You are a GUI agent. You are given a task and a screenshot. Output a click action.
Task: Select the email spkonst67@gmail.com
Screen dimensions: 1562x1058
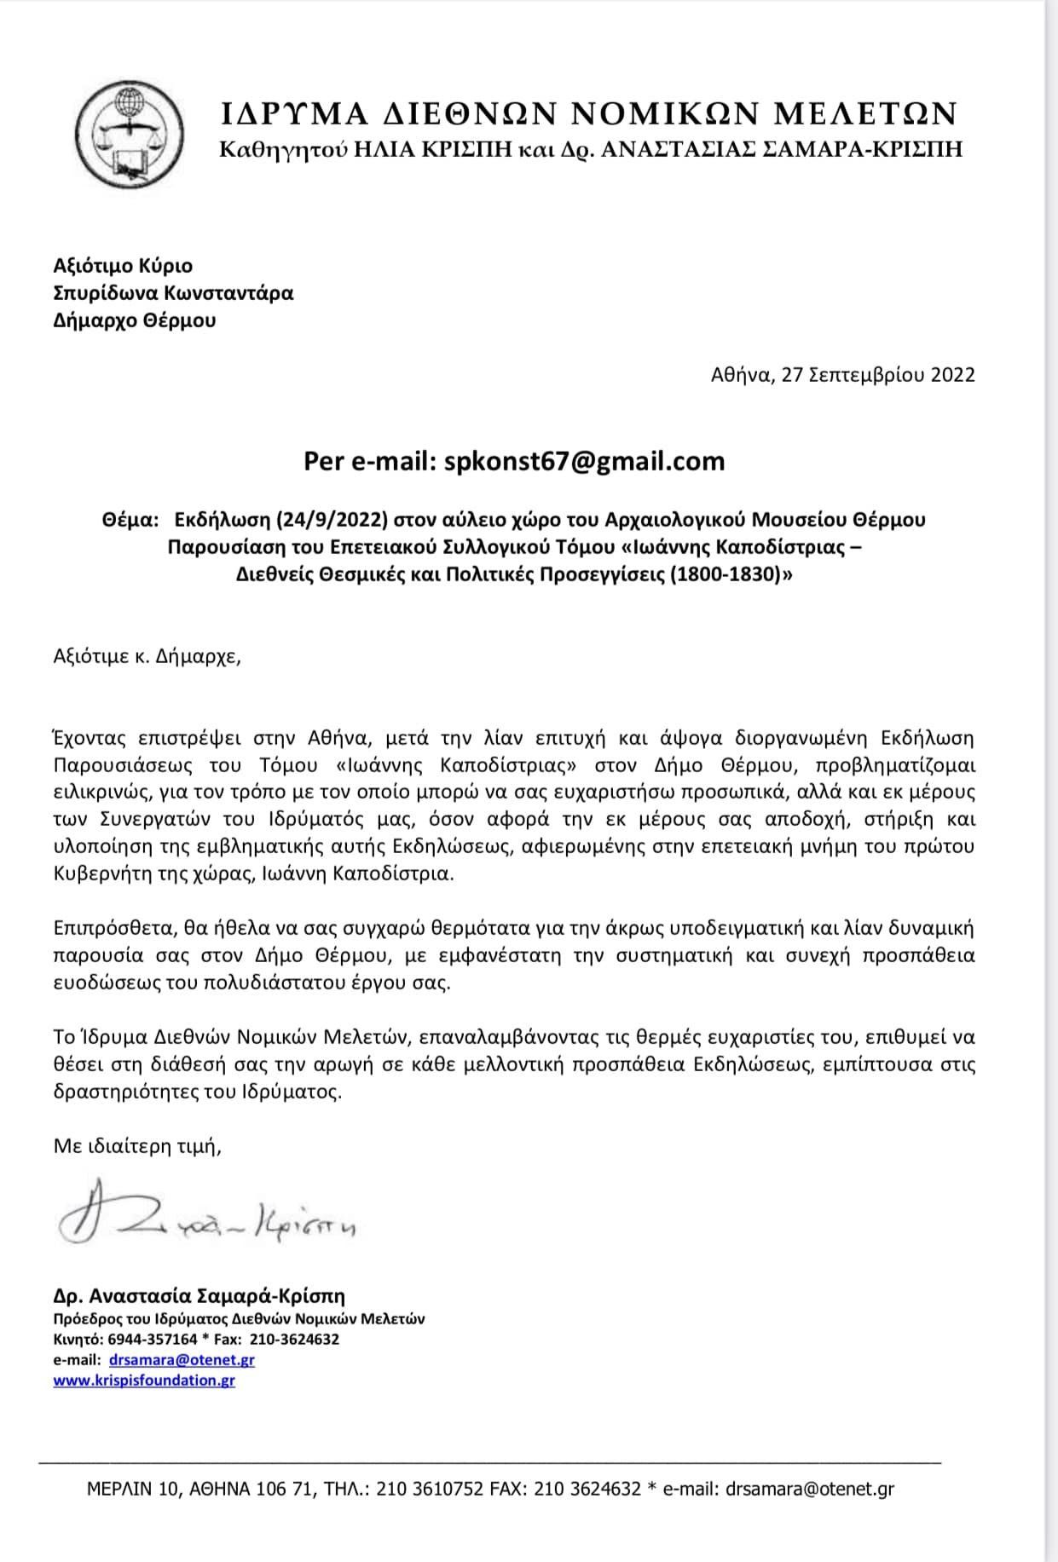581,461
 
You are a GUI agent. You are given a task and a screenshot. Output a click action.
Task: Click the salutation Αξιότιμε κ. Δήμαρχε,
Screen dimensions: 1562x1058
147,658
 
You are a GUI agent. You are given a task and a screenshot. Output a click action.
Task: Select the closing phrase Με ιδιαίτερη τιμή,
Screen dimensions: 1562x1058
137,1146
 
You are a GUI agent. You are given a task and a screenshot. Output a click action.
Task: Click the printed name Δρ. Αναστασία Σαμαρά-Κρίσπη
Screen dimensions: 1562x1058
199,1296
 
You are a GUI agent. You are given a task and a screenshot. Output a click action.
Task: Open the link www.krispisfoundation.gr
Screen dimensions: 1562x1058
144,1380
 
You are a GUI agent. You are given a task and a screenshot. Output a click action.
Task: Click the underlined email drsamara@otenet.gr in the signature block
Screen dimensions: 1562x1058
182,1359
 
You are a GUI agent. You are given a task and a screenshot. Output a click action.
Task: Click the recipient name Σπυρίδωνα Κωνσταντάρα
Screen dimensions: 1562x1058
173,293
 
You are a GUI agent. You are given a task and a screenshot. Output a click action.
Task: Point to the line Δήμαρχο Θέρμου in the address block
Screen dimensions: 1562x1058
135,320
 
